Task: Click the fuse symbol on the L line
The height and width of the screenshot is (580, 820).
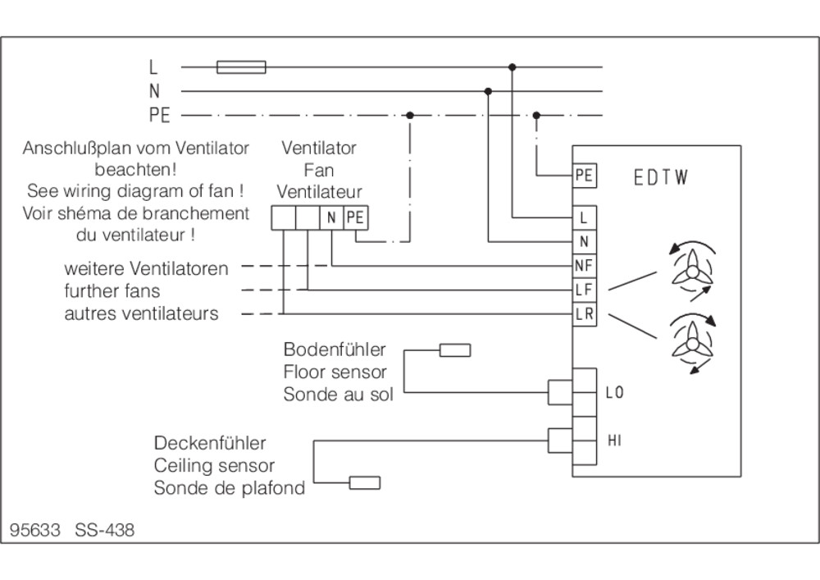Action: (241, 67)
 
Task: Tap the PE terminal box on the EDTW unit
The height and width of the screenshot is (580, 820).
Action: (584, 176)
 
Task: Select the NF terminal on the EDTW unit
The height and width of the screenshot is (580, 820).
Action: (584, 266)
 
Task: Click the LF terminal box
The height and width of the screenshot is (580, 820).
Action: (584, 290)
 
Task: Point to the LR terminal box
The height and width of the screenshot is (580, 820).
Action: (584, 314)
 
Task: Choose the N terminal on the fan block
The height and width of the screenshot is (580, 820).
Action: (331, 218)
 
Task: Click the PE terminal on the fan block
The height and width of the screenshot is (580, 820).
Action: (356, 218)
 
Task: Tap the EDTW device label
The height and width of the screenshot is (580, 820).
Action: (660, 178)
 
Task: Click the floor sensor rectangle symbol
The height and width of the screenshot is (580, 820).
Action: (455, 349)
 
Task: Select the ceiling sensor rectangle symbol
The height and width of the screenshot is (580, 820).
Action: (365, 482)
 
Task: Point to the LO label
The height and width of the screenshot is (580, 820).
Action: (614, 392)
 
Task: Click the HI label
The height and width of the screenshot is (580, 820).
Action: (614, 441)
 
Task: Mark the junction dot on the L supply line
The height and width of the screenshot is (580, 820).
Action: (512, 67)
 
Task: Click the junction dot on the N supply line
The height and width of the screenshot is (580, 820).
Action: (488, 92)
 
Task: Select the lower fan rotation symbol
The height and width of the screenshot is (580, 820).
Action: (692, 343)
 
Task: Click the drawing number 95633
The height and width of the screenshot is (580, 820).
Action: (35, 530)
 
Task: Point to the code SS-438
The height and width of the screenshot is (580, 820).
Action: (105, 530)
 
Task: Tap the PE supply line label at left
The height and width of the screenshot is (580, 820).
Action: (160, 115)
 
